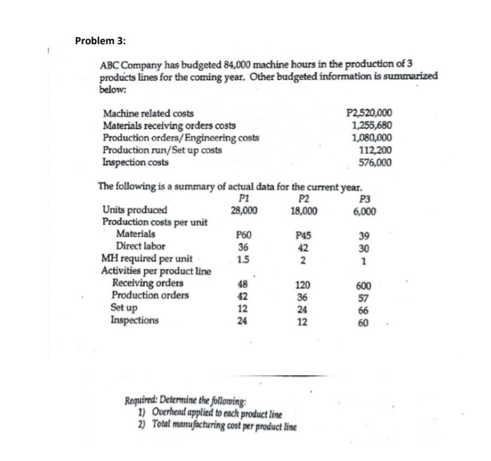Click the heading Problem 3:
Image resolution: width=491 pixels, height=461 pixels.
(100, 40)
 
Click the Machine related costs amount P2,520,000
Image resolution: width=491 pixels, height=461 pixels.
(370, 113)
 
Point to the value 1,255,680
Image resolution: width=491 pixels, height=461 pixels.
(372, 126)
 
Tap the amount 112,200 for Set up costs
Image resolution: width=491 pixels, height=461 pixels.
(375, 150)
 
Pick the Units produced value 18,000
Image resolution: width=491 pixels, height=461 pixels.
(304, 211)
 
